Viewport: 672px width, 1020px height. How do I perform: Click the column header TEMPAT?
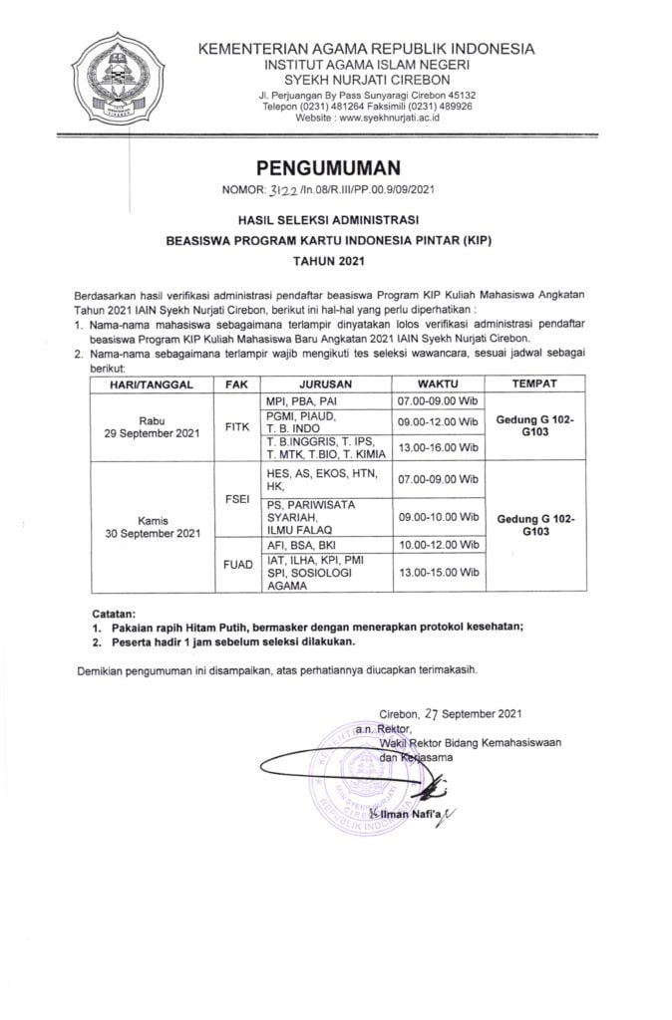[534, 382]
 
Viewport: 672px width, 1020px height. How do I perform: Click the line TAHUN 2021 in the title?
[335, 262]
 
